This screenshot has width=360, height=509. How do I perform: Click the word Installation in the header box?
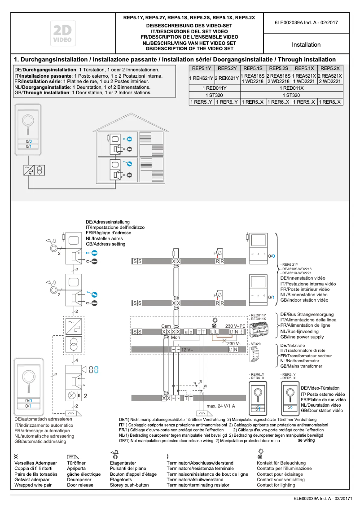[306, 44]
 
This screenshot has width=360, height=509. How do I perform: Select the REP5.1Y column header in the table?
[202, 68]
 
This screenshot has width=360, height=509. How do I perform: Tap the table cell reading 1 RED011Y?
[215, 88]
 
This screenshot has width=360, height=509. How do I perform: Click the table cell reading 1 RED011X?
[292, 88]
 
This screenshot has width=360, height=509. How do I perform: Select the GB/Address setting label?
[105, 244]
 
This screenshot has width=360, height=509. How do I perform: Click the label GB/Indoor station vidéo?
[304, 300]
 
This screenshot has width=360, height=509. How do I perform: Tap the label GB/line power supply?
[302, 337]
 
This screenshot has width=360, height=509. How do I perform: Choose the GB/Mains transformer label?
[301, 366]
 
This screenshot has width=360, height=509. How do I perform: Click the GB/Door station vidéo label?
[321, 410]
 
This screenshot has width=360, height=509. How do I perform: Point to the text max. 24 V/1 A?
[220, 406]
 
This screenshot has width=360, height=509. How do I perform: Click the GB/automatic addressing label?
[40, 441]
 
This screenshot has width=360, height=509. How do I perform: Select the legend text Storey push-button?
[129, 485]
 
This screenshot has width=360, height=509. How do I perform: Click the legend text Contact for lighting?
[276, 485]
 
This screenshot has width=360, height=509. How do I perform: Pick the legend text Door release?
[80, 485]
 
